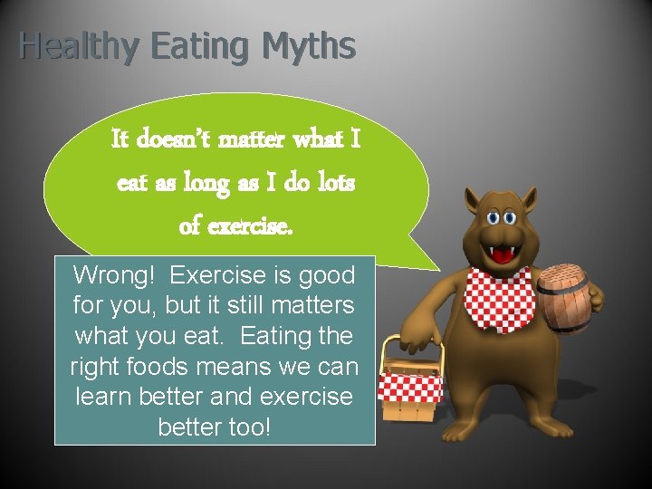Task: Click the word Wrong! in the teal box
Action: pyautogui.click(x=116, y=274)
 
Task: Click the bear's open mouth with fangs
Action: pyautogui.click(x=498, y=253)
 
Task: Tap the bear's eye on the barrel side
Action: pyautogui.click(x=513, y=217)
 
